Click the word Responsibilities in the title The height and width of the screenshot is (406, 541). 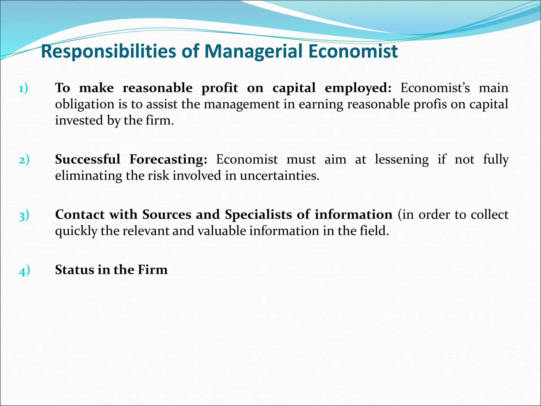tap(108, 51)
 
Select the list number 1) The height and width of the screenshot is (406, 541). tap(24, 88)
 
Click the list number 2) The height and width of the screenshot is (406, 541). tap(24, 160)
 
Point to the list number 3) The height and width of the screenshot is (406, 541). tap(24, 215)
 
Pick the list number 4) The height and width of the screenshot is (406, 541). tap(24, 270)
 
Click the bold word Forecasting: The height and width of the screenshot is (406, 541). tap(168, 159)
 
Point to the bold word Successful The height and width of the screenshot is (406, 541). tap(88, 159)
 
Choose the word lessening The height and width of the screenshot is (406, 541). tap(402, 159)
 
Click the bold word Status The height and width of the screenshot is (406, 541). tap(74, 270)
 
